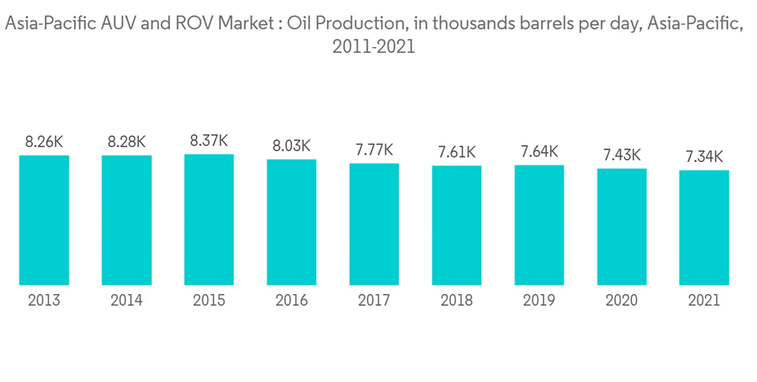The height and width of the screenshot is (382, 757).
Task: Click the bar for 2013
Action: coord(44,221)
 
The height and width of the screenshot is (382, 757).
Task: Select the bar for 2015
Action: coord(209,220)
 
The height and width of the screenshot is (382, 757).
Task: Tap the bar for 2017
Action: coord(374,224)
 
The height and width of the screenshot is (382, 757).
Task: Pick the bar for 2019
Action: coord(540,225)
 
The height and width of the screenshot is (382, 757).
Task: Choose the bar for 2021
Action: coord(704,228)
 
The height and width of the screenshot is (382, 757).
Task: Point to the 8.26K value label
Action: coord(44,141)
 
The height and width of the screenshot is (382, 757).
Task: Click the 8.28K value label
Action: coord(126,141)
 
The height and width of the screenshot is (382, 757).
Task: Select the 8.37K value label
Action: coord(209,140)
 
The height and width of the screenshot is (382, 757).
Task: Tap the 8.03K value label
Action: coord(291,146)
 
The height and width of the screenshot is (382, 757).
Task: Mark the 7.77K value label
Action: coord(374,150)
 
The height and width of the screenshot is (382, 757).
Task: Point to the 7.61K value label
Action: coord(456,152)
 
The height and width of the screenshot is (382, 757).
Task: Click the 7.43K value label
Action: coord(622,155)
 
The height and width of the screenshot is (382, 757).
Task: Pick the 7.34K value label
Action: coord(704,157)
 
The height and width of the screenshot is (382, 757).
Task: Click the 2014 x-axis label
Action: coord(126,301)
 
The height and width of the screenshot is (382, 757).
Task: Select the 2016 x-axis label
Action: coord(291,301)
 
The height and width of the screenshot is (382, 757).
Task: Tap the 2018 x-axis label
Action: coord(456,301)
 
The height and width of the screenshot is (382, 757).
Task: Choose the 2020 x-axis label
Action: coord(622,301)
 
